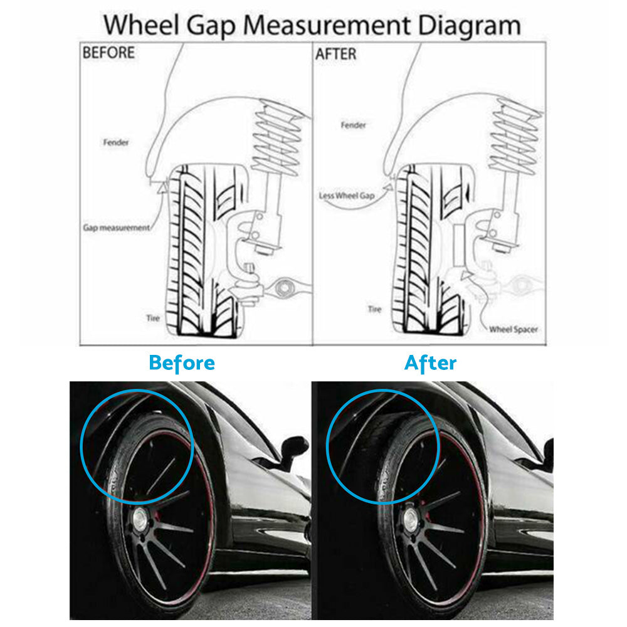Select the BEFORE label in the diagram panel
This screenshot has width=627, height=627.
(108, 53)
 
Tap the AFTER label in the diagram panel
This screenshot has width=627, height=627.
(335, 54)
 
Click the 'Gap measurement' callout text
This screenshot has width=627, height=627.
(116, 228)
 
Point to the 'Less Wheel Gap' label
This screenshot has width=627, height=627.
(346, 196)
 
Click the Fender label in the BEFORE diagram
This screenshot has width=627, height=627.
(116, 142)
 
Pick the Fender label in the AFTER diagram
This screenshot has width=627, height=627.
(353, 125)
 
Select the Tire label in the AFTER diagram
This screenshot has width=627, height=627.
(374, 309)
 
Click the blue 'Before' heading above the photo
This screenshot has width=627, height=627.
(182, 362)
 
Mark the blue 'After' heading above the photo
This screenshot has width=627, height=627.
(430, 362)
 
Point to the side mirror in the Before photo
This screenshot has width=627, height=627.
(293, 448)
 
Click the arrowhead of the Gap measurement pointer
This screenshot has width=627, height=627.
(164, 186)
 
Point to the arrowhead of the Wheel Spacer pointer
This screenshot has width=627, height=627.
(465, 276)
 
